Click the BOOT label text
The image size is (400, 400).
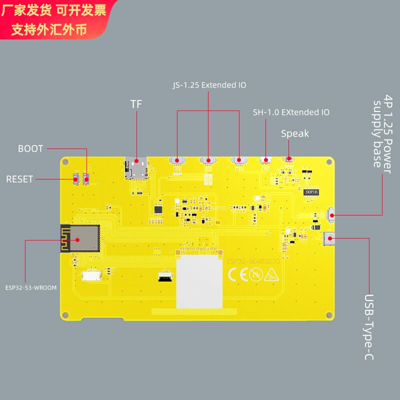pos(30,148)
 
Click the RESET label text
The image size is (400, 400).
pos(19,179)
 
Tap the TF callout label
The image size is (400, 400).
pos(136,104)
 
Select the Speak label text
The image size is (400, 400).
pos(295,133)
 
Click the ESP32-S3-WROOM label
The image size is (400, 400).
pos(31,288)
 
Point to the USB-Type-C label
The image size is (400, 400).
pos(369,327)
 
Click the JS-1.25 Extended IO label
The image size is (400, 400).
pos(209,85)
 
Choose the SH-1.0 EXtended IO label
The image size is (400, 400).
pos(291,112)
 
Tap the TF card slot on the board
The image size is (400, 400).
pos(136,168)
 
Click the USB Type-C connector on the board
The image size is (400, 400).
pos(329,239)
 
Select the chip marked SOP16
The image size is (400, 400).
pos(311,192)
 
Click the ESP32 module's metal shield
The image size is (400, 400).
pos(84,238)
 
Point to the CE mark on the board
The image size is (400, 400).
pos(238,275)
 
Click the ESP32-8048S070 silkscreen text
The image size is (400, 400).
pos(253,261)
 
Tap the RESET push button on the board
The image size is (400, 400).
pos(76,179)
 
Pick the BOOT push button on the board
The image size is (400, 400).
pos(86,179)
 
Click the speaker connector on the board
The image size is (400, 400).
pos(288,159)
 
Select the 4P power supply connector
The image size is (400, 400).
pos(331,215)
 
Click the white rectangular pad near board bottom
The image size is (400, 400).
pos(199,281)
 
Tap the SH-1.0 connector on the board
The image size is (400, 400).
pos(265,160)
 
